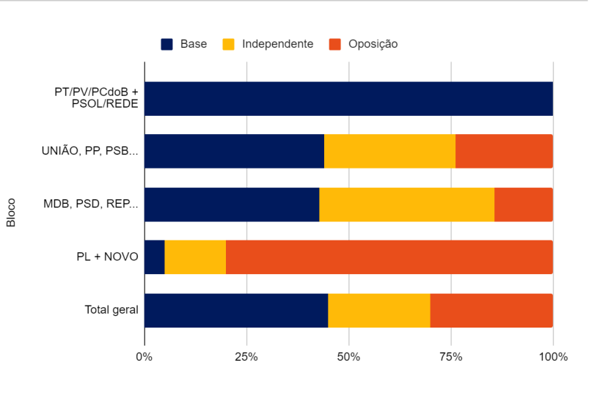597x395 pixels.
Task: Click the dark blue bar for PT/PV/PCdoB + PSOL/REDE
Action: [x=348, y=99]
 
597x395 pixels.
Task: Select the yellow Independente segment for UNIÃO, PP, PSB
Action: [x=389, y=152]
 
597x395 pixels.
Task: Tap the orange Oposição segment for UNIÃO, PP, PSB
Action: [x=504, y=152]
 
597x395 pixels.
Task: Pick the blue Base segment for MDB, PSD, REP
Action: [x=232, y=204]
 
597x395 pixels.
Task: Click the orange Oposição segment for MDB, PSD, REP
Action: [x=524, y=204]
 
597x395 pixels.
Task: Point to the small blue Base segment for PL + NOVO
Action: [x=155, y=257]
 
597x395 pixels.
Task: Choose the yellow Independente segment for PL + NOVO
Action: [x=195, y=257]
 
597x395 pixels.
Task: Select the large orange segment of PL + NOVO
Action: [x=389, y=257]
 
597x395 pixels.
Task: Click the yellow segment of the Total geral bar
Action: [x=379, y=311]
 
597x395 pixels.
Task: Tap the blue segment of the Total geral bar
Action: [x=236, y=311]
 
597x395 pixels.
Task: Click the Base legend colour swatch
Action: [x=166, y=44]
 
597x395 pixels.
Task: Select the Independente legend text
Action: [x=277, y=44]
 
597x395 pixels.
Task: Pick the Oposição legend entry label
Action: [x=373, y=44]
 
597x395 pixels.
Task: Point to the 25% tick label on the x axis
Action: [x=246, y=357]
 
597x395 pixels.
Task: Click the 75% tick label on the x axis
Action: [x=450, y=357]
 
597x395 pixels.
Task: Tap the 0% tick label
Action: [x=144, y=357]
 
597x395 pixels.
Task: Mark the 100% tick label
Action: [x=553, y=357]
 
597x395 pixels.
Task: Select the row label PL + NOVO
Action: [x=107, y=257]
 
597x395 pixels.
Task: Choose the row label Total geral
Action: [x=111, y=311]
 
